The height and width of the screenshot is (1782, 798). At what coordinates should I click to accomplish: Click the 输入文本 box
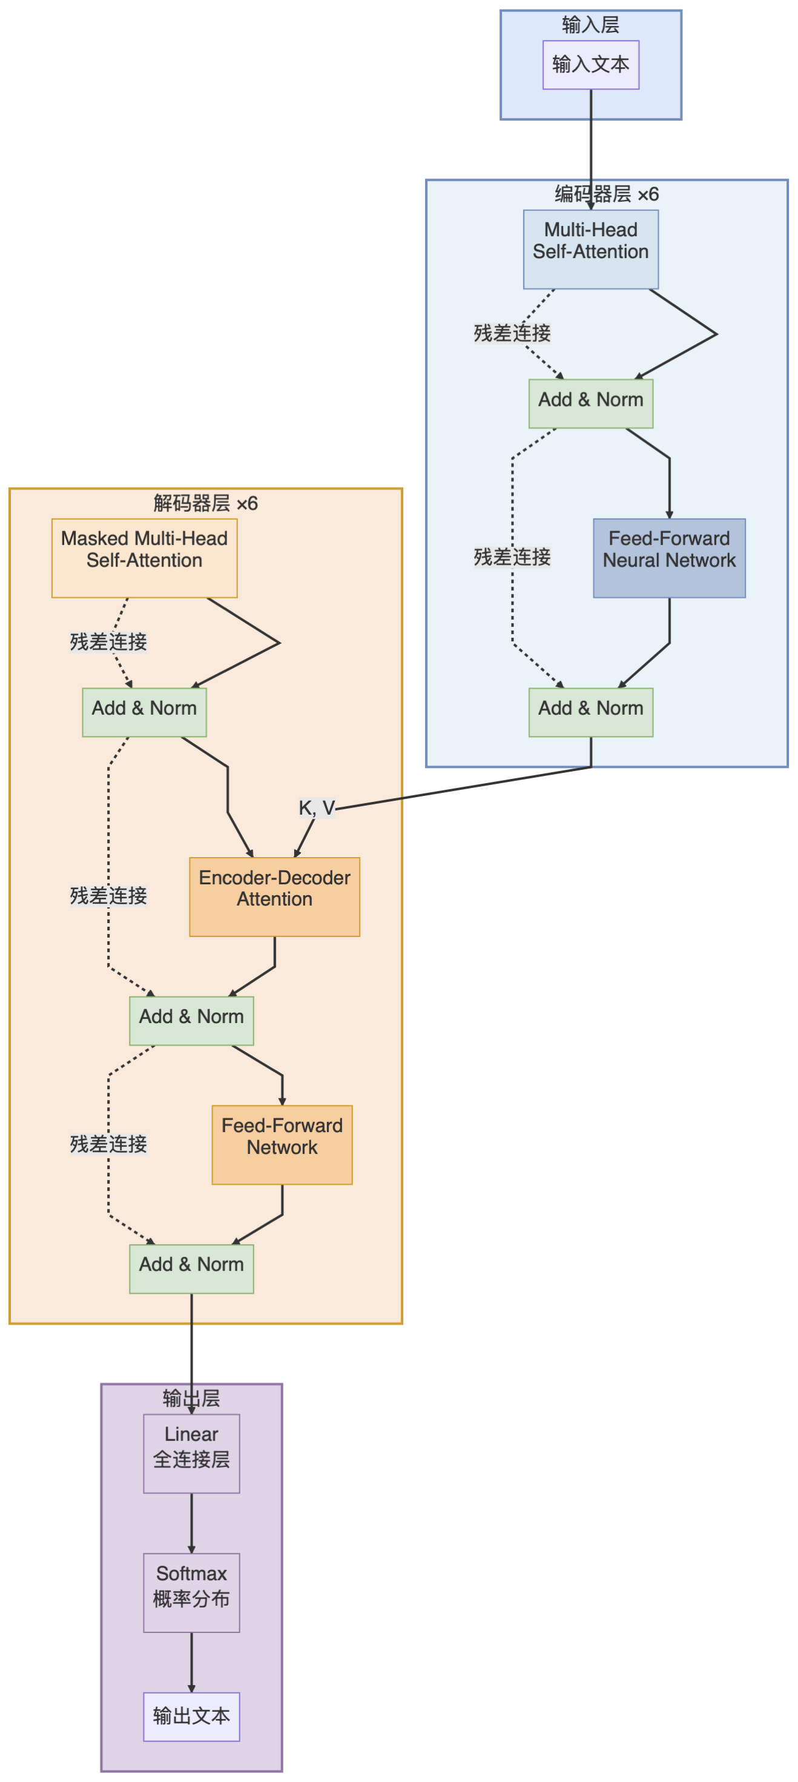[x=590, y=64]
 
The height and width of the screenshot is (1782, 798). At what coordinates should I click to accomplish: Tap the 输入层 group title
[x=590, y=25]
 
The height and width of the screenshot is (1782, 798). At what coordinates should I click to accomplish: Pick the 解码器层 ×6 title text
[x=205, y=503]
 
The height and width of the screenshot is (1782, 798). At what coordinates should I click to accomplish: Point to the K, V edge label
[x=316, y=807]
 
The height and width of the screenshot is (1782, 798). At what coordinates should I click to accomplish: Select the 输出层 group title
[x=191, y=1398]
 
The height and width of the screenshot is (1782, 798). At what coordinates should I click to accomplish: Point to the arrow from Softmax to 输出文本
[x=191, y=1661]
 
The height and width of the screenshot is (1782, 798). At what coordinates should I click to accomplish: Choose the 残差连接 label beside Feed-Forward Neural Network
[x=512, y=557]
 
